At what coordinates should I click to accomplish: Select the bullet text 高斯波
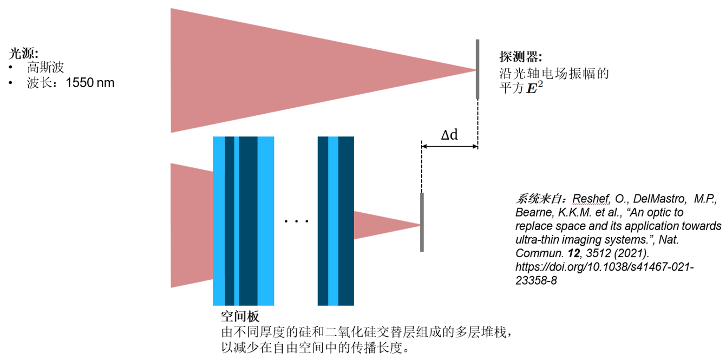tap(45, 68)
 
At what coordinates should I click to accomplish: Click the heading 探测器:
tap(520, 57)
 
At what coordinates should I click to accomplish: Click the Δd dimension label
tap(449, 135)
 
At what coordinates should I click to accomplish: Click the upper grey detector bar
tap(478, 69)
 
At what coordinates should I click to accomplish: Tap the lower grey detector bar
tap(422, 222)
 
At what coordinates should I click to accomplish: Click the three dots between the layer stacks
tap(296, 221)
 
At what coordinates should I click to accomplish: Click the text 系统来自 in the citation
tap(535, 199)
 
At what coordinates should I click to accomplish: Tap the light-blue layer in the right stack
tap(333, 221)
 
